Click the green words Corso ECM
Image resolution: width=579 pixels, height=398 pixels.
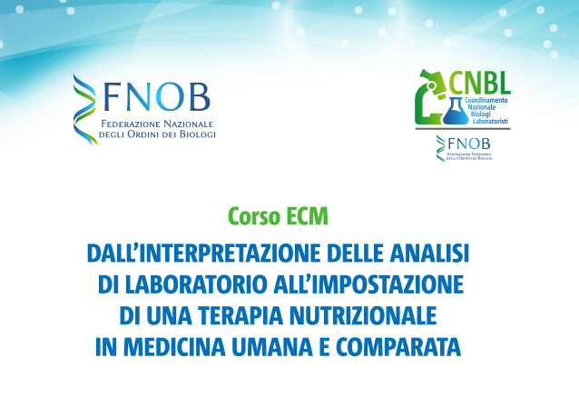tap(278, 216)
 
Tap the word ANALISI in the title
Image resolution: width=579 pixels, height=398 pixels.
tap(428, 254)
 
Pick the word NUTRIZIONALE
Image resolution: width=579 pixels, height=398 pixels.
tap(363, 315)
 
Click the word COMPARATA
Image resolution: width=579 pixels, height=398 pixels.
tap(398, 346)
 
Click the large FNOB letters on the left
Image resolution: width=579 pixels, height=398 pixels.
tap(157, 97)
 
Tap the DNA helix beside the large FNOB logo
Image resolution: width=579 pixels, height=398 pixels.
tap(85, 109)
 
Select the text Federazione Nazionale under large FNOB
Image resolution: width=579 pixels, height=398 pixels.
tap(157, 124)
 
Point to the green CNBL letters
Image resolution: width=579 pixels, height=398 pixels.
tap(480, 83)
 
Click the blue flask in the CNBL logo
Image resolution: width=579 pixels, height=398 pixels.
tap(456, 111)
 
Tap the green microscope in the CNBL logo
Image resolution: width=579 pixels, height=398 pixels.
tap(430, 97)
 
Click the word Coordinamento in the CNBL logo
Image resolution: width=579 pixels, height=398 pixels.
tap(486, 100)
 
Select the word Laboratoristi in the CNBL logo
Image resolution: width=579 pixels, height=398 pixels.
tap(490, 121)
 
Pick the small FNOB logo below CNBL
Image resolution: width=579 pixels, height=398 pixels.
tap(464, 148)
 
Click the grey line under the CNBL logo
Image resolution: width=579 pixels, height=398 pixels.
tap(463, 129)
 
